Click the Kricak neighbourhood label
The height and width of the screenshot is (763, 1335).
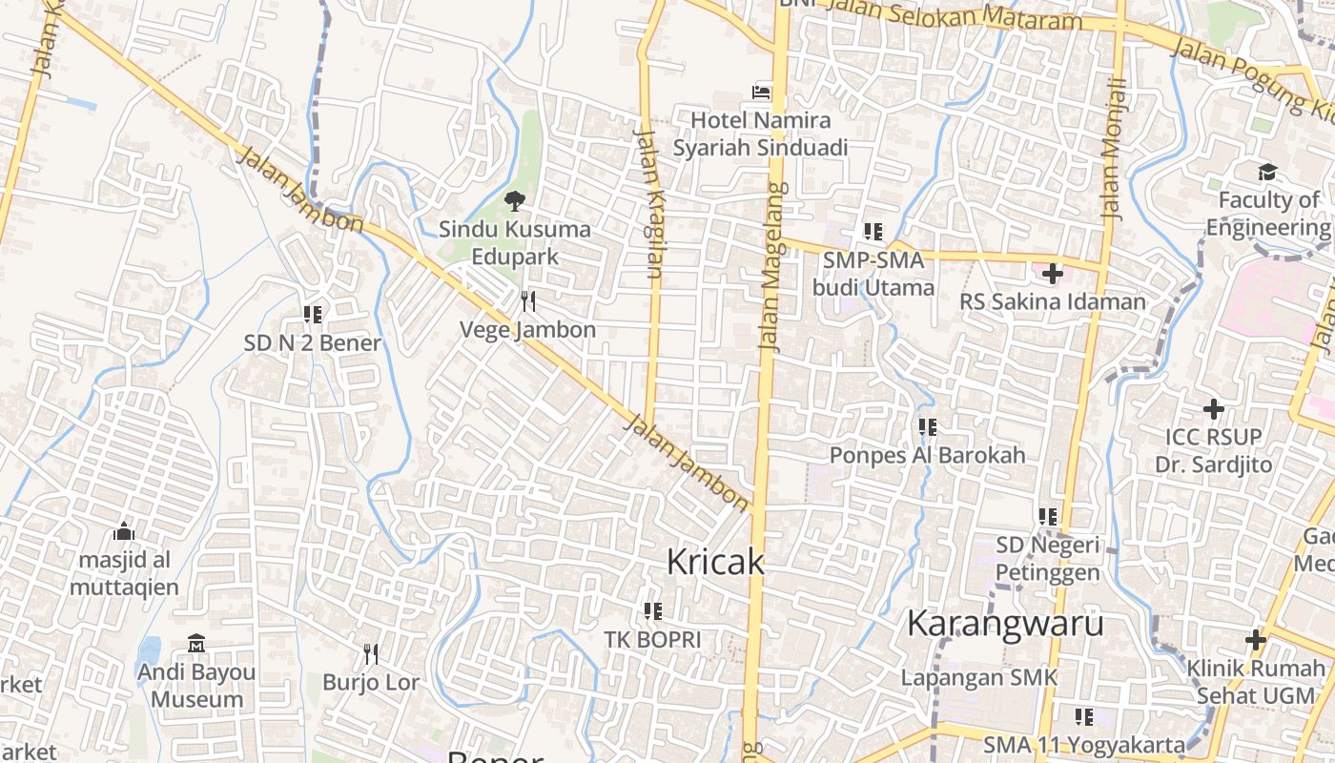click(x=715, y=562)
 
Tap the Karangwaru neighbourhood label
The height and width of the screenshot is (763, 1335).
click(x=1005, y=623)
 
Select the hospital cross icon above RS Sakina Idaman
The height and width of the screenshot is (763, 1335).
click(x=1052, y=275)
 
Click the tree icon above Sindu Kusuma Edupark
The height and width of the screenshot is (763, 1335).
click(x=515, y=200)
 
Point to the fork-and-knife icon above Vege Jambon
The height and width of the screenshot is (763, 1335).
click(x=527, y=301)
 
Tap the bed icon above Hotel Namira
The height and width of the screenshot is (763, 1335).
click(x=761, y=93)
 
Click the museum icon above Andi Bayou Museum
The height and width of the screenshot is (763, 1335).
click(x=196, y=644)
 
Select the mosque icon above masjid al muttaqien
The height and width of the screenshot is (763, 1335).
click(x=124, y=531)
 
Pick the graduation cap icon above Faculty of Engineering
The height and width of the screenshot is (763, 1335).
click(x=1267, y=172)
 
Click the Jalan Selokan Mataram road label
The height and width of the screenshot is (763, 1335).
click(x=954, y=13)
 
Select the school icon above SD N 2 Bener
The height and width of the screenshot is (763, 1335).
click(x=312, y=314)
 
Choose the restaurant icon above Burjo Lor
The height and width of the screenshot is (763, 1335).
click(x=371, y=654)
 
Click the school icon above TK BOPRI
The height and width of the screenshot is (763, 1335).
click(x=652, y=610)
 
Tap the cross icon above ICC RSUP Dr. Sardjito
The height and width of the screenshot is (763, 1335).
click(x=1213, y=409)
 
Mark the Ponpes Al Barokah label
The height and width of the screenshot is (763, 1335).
click(x=927, y=455)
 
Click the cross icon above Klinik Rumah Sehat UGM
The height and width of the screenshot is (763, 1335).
click(x=1255, y=640)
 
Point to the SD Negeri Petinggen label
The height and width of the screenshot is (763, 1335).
click(x=1048, y=559)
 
